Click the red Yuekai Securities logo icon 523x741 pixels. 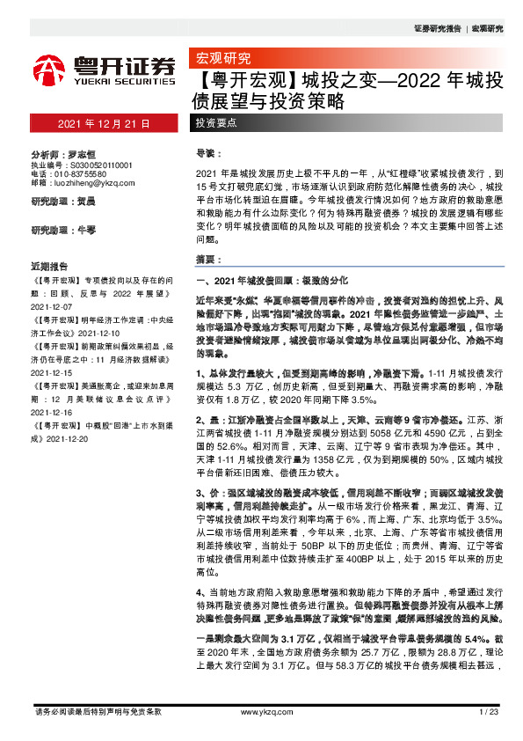tap(48, 70)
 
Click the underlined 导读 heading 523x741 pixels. tap(206, 153)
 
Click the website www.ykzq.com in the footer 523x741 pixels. tap(261, 711)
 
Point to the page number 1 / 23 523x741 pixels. tap(489, 711)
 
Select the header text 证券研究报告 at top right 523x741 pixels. tap(436, 28)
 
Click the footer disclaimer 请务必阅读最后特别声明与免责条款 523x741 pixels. tap(97, 711)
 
